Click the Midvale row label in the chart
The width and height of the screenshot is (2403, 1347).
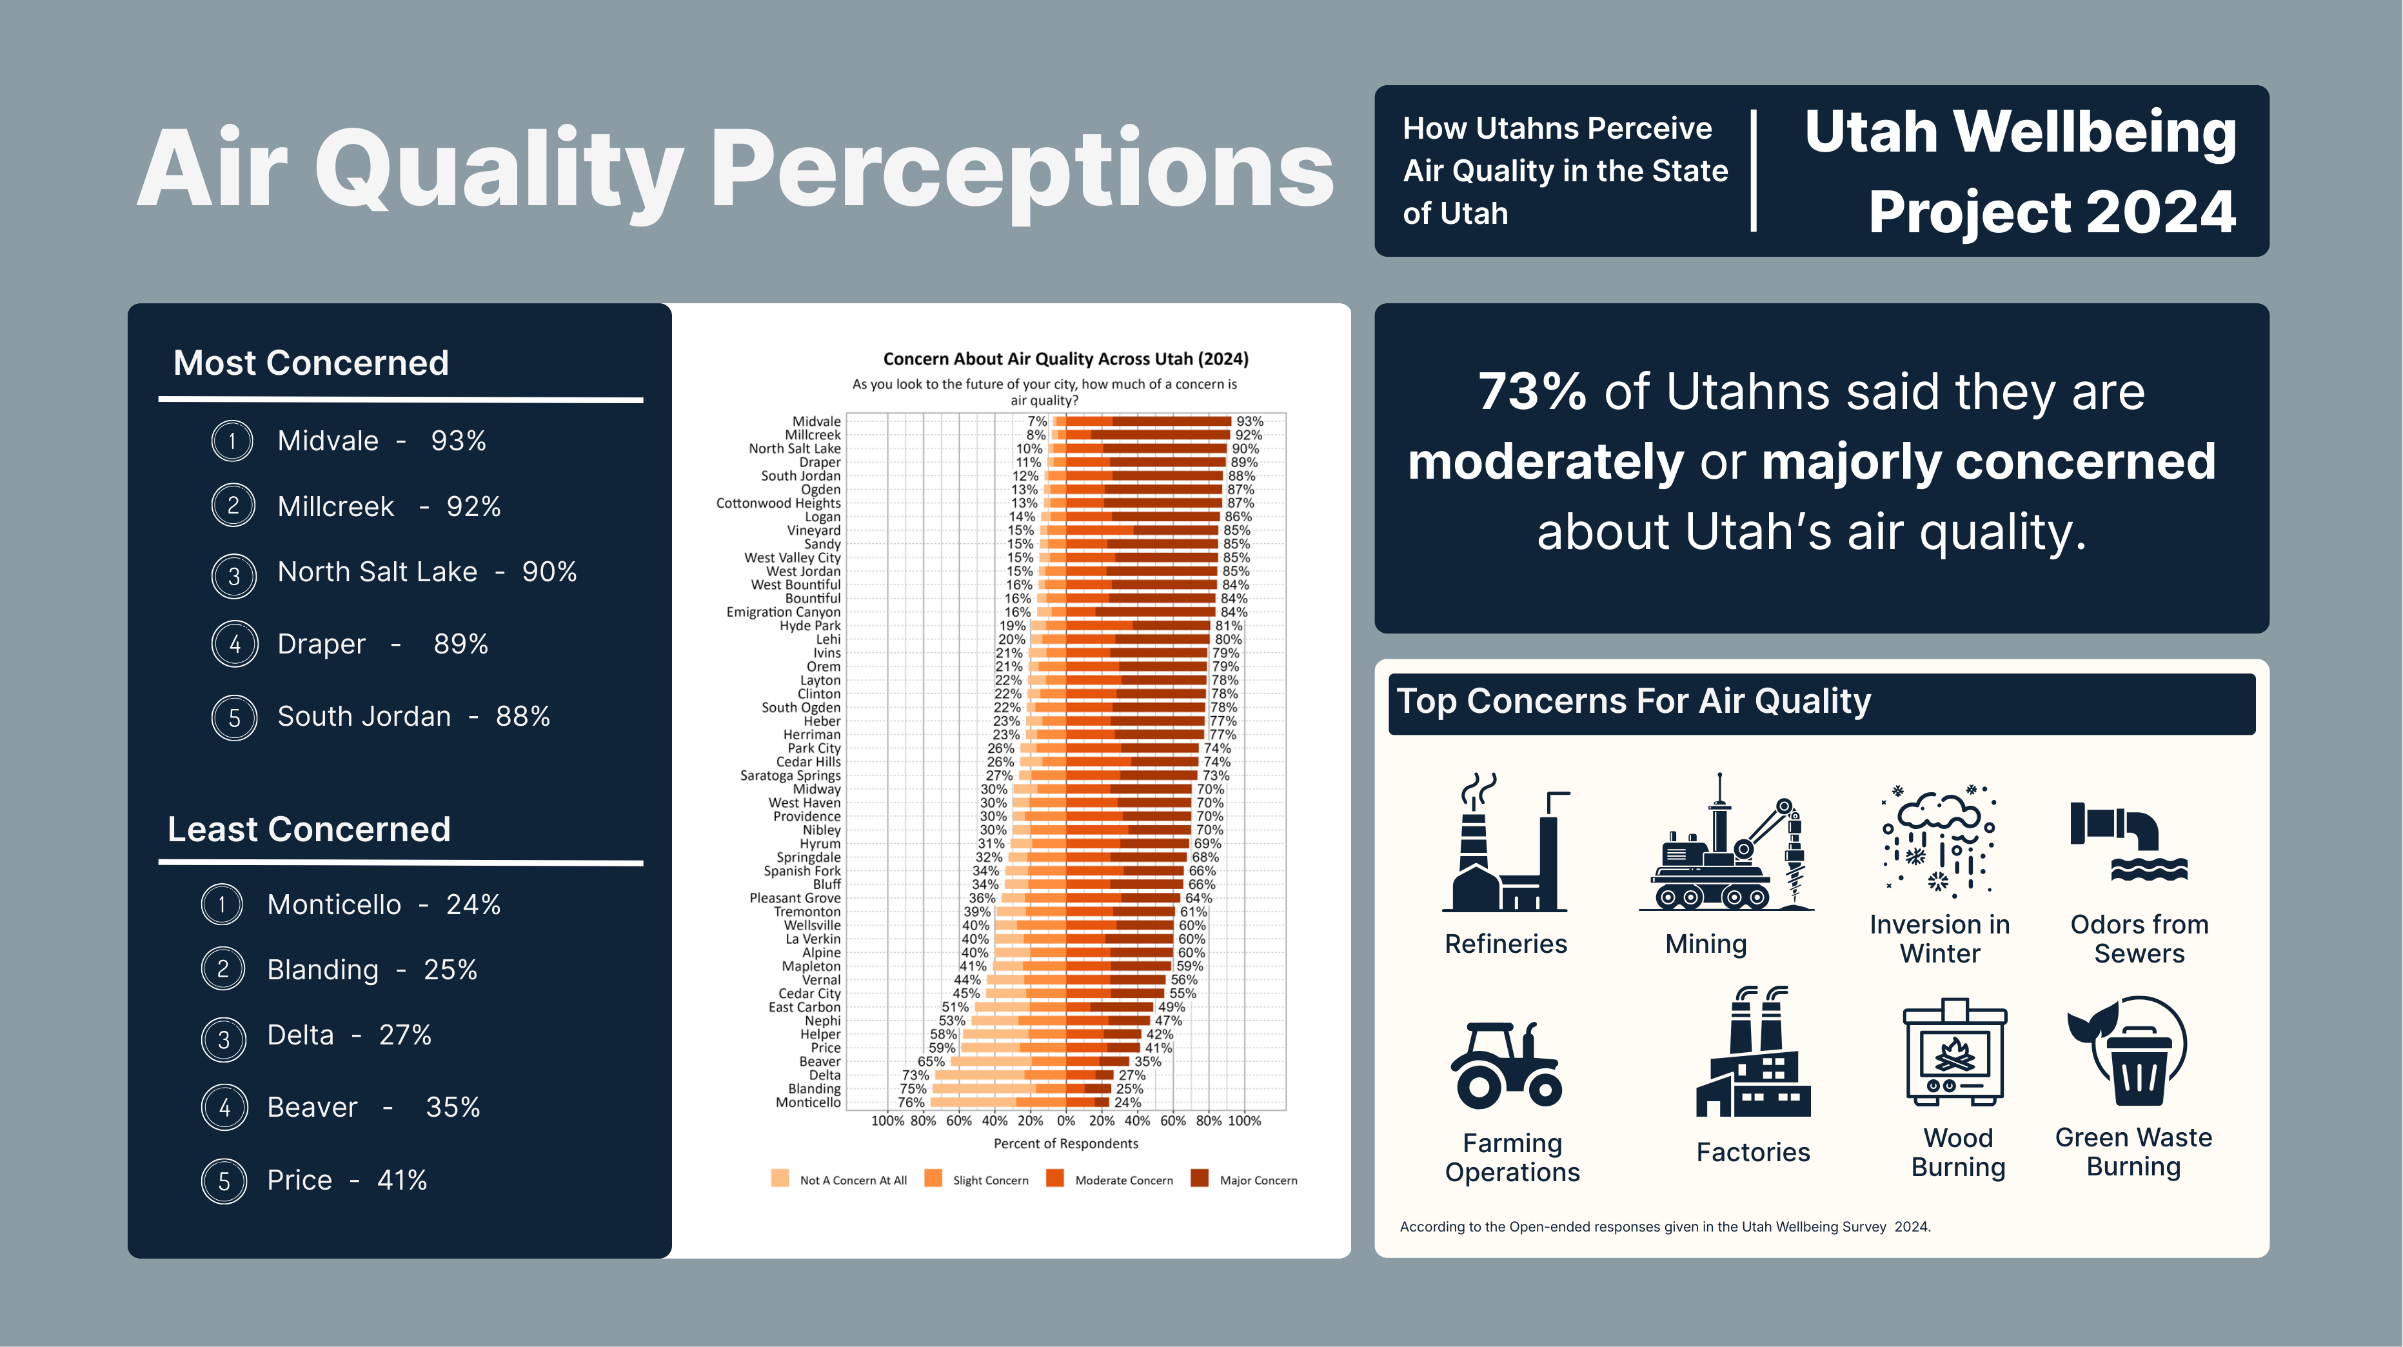point(816,422)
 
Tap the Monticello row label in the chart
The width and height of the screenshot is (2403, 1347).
point(808,1103)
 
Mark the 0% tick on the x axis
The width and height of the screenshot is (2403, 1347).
point(1065,1121)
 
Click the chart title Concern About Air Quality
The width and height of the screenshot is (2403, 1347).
point(1065,359)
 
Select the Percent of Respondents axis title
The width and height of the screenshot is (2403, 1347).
point(1065,1144)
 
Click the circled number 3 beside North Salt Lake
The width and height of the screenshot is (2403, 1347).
point(233,575)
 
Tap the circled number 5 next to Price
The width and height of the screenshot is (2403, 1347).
point(224,1182)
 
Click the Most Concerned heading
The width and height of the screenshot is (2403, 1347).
point(311,363)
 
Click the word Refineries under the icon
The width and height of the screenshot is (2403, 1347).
point(1506,944)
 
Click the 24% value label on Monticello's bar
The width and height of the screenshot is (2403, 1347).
point(1128,1103)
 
